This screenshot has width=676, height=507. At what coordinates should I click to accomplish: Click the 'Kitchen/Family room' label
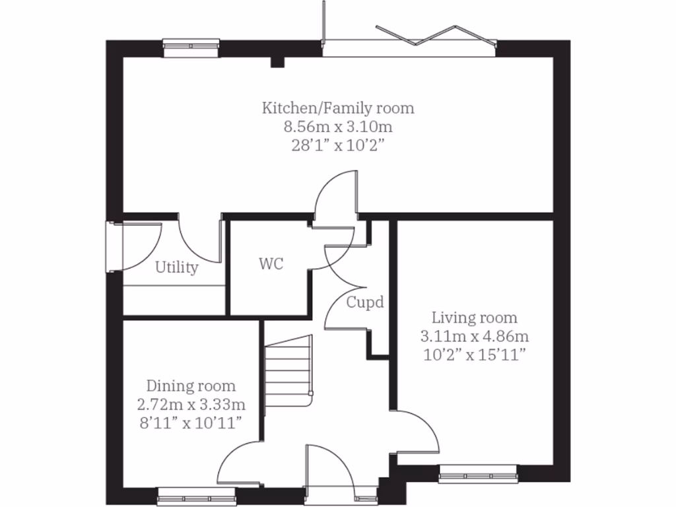tap(339, 108)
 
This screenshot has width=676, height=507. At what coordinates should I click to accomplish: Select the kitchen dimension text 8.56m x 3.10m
tap(339, 126)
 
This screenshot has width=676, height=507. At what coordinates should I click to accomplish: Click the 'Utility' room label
tap(176, 267)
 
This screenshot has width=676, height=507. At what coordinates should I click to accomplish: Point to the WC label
tap(271, 264)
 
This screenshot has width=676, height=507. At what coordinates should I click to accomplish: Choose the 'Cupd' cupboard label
tap(365, 303)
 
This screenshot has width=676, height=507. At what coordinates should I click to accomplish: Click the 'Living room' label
tap(474, 318)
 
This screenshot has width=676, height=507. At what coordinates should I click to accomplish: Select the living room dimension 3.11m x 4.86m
tap(474, 336)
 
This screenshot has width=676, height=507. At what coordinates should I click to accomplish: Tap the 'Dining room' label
tap(191, 386)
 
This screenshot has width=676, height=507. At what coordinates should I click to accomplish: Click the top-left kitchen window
tap(191, 46)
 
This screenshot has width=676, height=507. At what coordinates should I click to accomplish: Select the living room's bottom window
tap(479, 472)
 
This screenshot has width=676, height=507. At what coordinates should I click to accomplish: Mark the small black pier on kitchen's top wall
tap(277, 62)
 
